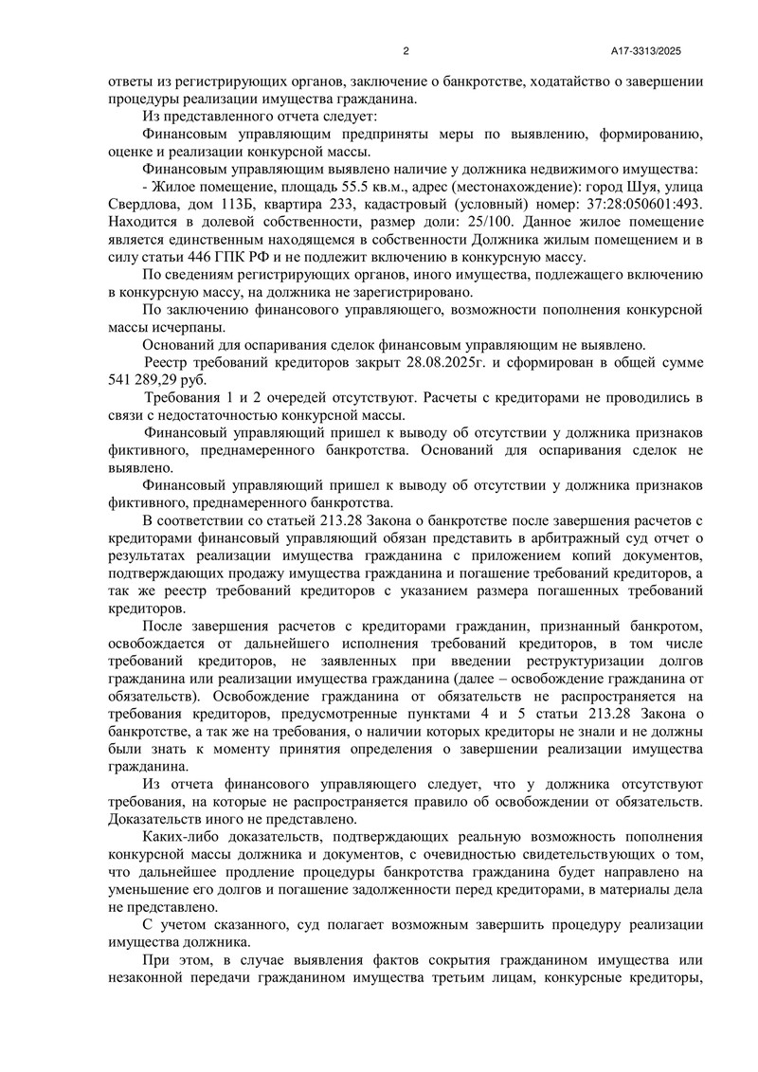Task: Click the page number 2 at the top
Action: pos(406,51)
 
